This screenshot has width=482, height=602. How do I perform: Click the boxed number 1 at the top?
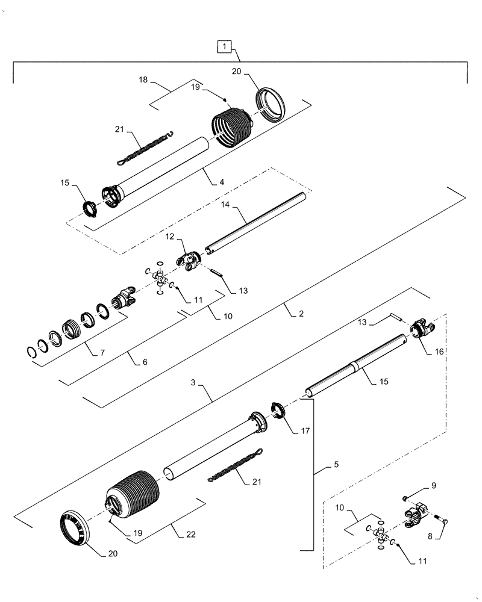[x=224, y=46]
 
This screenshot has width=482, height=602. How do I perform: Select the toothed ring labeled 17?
[x=278, y=411]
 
